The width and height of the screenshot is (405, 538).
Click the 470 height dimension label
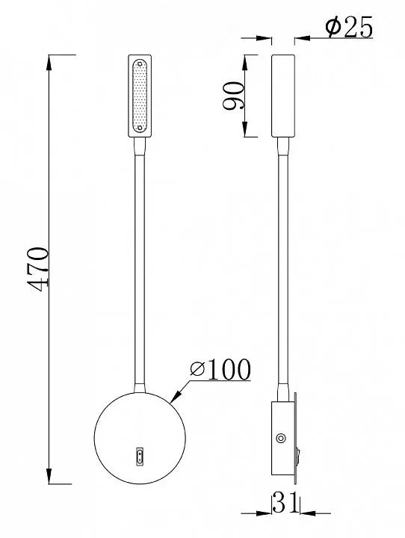point(38,269)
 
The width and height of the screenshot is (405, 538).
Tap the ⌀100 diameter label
point(220,370)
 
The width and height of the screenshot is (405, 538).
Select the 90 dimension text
point(234,96)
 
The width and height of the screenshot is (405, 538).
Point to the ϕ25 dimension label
point(349,28)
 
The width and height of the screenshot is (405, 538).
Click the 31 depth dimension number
point(285,503)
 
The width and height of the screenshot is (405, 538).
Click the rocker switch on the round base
point(140,457)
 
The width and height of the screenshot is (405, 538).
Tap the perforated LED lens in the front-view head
point(140,96)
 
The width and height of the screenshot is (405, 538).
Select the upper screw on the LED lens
point(140,64)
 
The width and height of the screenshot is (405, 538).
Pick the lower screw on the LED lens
point(140,128)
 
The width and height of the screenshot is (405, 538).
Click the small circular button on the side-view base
point(281,438)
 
